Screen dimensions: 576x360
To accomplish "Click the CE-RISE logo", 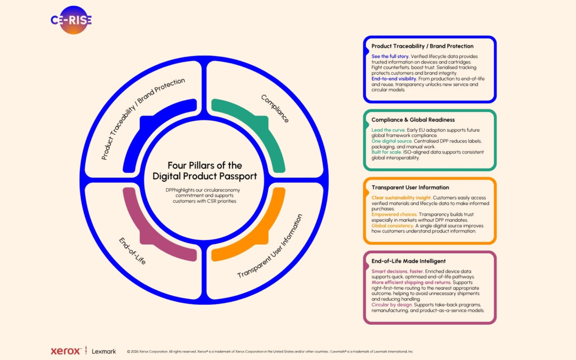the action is (71, 20).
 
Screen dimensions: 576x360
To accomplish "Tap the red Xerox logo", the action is (66, 351).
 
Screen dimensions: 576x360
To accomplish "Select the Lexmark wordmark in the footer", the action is (104, 351).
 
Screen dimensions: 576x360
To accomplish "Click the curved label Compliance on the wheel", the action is (275, 108).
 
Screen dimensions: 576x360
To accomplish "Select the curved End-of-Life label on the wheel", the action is (132, 251).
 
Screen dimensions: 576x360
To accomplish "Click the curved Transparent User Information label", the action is (270, 246).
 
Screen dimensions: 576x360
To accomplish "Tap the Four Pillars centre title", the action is (205, 171).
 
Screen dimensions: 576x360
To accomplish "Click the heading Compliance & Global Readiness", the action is (413, 120).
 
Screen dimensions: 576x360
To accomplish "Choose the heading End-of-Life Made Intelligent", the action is (409, 261).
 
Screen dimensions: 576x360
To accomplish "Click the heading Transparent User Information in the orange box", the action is (410, 187).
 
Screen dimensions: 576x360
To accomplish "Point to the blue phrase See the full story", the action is (390, 57).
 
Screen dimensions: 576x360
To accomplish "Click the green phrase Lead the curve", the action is (388, 130).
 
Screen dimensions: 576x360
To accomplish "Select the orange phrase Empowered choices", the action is (394, 214).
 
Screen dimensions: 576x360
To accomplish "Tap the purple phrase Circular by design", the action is (392, 305).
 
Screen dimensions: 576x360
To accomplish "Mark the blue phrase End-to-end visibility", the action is (394, 78).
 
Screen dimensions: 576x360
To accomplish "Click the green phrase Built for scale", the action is (387, 152).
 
